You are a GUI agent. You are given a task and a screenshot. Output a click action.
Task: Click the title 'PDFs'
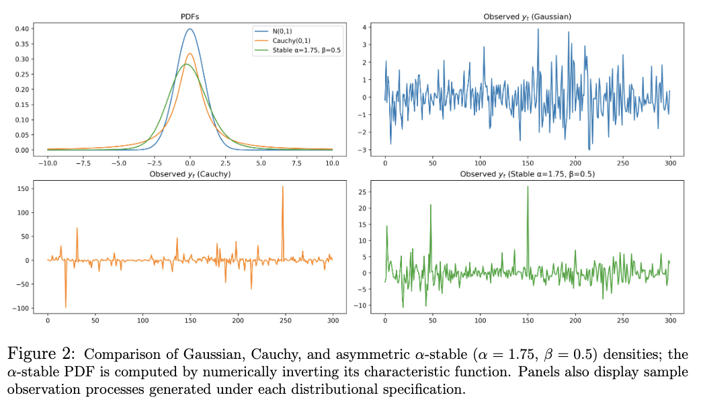coord(190,16)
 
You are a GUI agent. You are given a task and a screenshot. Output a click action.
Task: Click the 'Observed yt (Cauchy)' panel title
coord(190,174)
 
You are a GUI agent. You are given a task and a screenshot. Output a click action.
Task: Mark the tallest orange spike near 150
coord(282,187)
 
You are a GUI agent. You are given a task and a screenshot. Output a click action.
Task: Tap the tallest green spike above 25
coord(528,187)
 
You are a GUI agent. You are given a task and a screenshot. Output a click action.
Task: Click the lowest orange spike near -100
coord(66,306)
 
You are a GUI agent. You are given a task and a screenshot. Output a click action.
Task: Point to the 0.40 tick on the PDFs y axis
coord(22,29)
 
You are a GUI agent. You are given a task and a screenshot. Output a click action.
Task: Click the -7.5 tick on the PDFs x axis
coord(82,163)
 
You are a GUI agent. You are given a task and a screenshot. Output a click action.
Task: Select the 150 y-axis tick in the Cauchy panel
coord(22,189)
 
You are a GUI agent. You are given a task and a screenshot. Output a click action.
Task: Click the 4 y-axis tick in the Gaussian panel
coord(364,27)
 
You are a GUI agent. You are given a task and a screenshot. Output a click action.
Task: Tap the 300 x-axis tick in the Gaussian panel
coord(669,163)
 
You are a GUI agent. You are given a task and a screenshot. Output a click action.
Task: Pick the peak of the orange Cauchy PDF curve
coord(190,54)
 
